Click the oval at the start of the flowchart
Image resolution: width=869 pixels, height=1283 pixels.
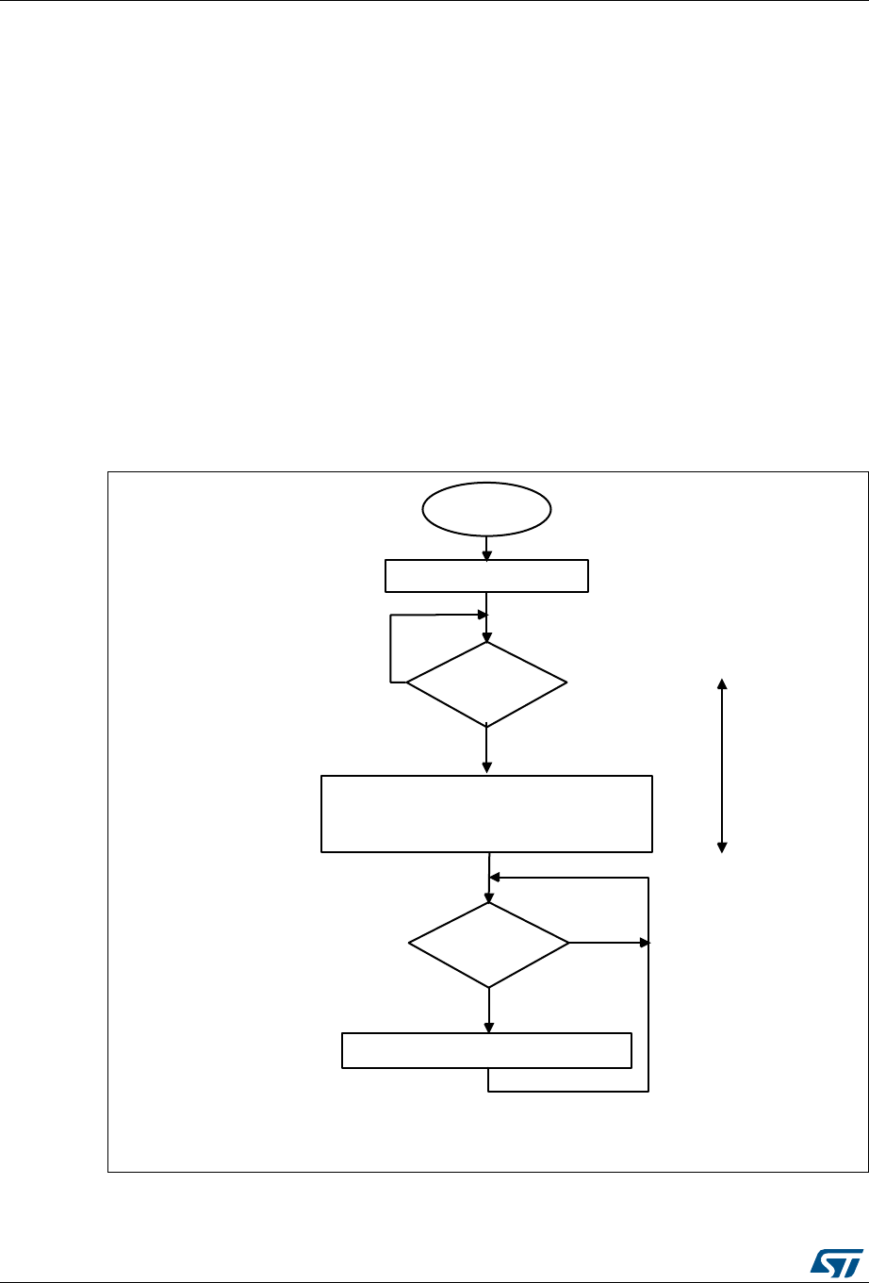pos(485,510)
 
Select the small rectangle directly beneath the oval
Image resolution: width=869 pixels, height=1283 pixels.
pos(486,576)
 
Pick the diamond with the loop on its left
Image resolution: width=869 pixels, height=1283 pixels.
pos(486,683)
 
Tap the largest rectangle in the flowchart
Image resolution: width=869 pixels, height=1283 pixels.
pos(486,814)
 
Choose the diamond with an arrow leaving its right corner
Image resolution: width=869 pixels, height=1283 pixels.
pos(489,944)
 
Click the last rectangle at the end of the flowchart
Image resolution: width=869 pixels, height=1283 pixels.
pos(485,1050)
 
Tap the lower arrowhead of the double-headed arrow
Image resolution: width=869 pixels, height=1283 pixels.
pos(723,846)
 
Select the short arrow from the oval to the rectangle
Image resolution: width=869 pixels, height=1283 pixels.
pos(485,547)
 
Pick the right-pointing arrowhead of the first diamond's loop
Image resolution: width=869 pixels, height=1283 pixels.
pos(481,616)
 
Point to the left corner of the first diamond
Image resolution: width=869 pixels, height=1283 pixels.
pos(407,683)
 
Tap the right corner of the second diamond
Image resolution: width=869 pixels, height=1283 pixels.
pos(568,943)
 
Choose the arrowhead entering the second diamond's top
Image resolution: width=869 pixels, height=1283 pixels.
pos(489,896)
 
